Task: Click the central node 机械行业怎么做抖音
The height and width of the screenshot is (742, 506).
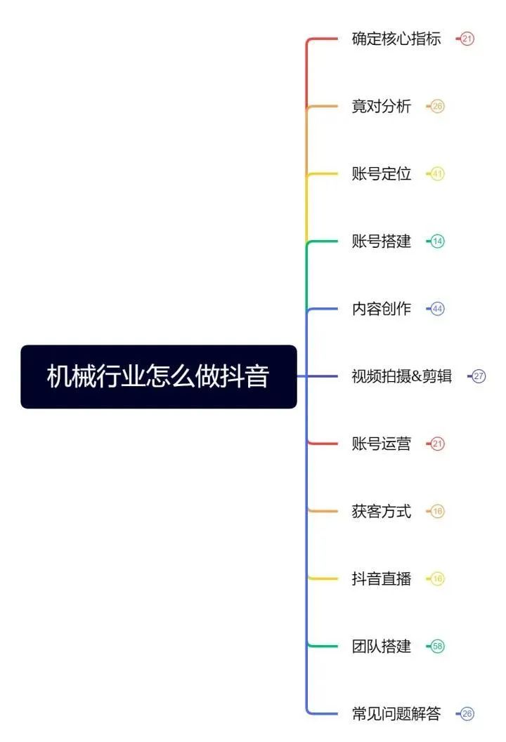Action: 159,376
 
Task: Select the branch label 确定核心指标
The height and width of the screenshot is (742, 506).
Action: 396,39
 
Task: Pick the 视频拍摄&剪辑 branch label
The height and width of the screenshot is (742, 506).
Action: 402,376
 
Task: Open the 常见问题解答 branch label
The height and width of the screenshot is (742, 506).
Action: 396,714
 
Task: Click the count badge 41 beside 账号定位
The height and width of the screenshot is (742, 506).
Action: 438,174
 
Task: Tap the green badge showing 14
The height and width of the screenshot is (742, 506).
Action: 438,241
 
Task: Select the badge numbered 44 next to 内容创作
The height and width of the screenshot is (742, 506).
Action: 438,309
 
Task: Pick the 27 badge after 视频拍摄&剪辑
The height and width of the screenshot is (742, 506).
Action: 479,376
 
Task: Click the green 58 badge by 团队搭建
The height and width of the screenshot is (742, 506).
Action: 438,646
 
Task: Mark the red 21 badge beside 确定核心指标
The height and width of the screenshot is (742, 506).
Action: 467,39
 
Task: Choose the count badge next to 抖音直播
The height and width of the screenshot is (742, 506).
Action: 438,578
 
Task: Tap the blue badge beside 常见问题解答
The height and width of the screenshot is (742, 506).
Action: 467,714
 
